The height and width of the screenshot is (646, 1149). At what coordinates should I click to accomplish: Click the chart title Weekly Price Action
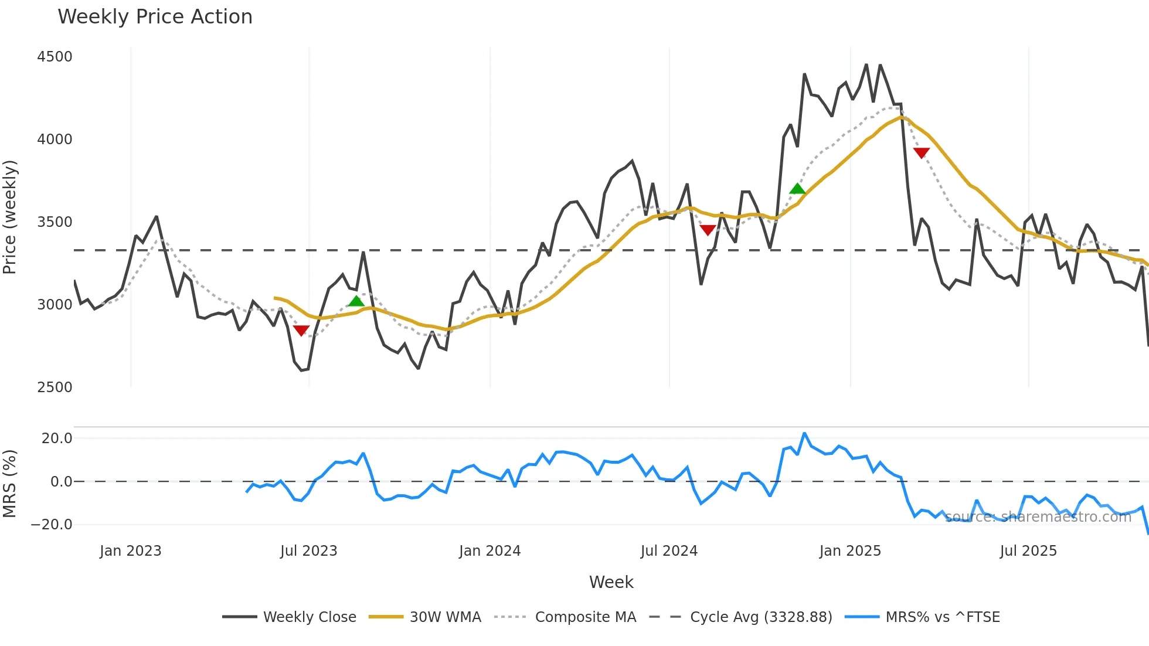click(155, 17)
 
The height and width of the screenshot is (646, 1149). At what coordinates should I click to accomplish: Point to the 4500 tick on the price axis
click(55, 57)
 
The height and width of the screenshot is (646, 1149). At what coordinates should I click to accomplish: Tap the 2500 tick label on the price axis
click(55, 387)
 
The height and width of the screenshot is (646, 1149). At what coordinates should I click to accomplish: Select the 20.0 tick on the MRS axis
click(57, 438)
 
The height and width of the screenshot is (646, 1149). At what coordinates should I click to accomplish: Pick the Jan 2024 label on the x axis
click(489, 551)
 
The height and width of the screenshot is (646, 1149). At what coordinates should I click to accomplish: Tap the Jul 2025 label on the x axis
click(1028, 551)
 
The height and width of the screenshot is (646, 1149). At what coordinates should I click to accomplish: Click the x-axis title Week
click(611, 582)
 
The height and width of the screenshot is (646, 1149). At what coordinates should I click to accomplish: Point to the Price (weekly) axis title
click(10, 217)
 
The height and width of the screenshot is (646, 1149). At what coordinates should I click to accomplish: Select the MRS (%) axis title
click(10, 484)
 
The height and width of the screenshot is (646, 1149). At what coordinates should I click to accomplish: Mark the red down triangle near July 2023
click(301, 331)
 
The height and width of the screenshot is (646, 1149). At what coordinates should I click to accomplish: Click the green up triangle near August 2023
click(356, 301)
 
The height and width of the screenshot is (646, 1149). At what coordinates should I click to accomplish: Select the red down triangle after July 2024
click(708, 230)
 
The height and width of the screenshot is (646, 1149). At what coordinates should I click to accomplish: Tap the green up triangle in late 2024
click(797, 188)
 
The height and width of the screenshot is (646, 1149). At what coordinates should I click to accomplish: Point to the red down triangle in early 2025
click(922, 153)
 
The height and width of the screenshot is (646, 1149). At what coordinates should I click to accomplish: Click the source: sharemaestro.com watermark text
click(1038, 517)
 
